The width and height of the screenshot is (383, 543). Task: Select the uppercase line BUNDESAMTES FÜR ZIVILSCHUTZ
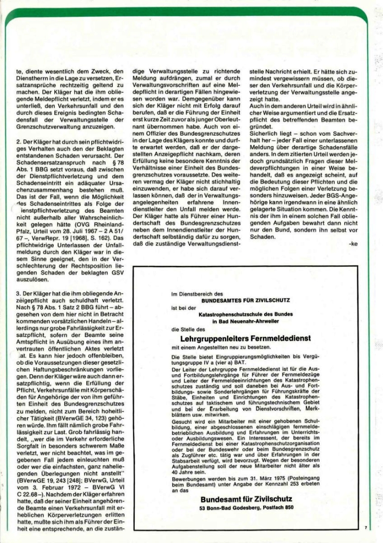click(x=245, y=300)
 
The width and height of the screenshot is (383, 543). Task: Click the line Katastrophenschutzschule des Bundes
click(x=245, y=314)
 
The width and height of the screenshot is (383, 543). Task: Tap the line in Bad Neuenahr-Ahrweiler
click(x=245, y=321)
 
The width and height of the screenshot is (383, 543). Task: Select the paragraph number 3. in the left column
click(x=19, y=280)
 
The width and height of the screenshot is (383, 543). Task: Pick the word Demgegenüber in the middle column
click(x=189, y=105)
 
